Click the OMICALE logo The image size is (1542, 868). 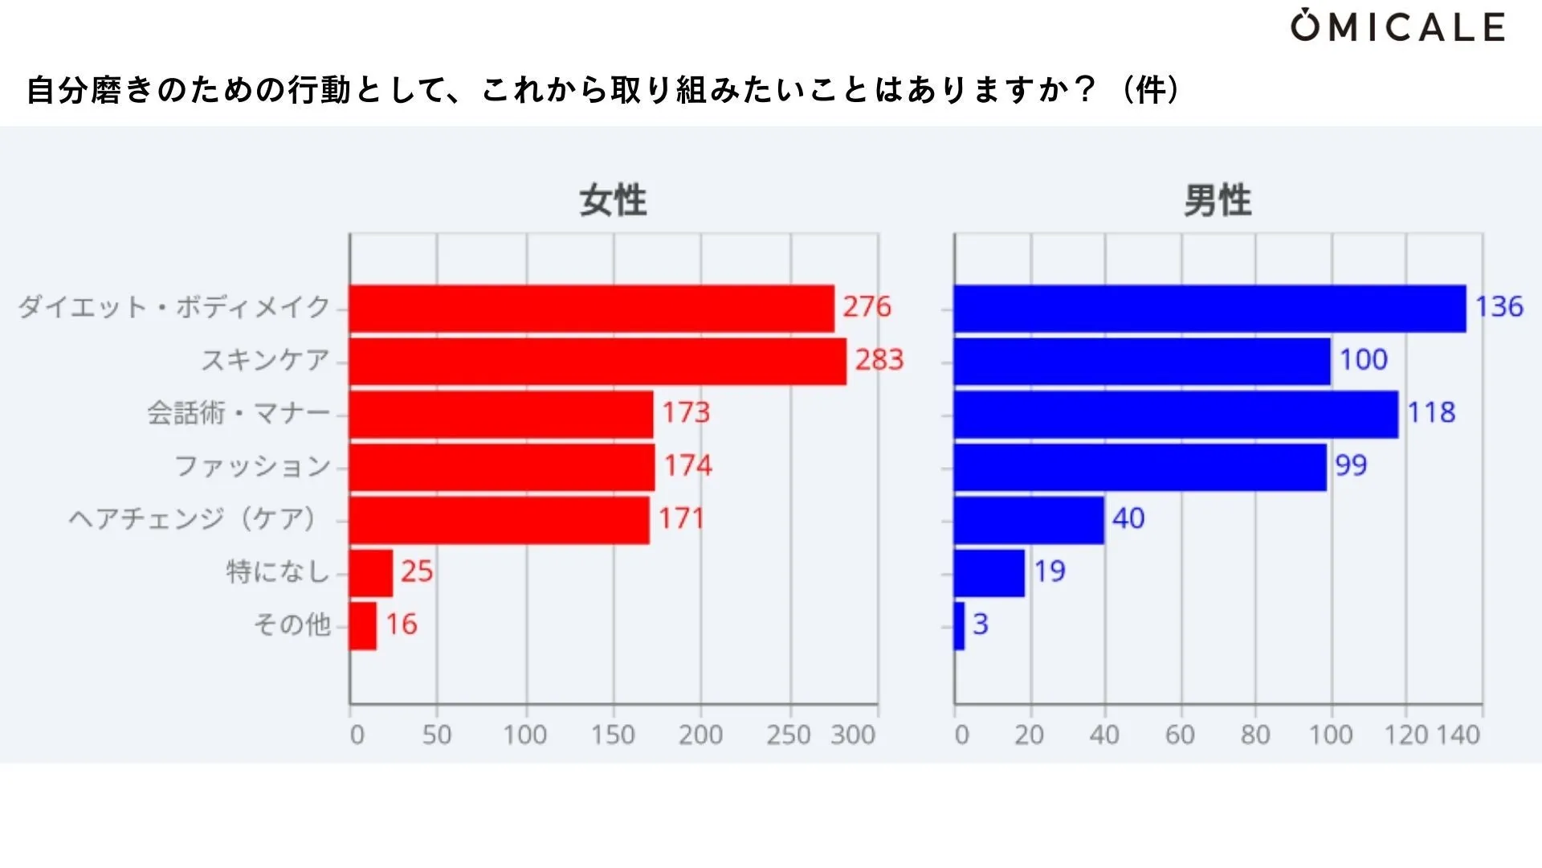tap(1397, 27)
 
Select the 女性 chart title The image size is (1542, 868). tap(613, 200)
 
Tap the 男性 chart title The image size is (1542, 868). tap(1218, 200)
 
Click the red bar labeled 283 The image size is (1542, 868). tap(598, 362)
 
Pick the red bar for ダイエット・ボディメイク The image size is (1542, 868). tap(591, 309)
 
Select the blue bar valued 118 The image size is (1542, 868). tap(1176, 415)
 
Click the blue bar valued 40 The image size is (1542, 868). tap(1029, 521)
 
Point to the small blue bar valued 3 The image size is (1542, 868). tap(959, 626)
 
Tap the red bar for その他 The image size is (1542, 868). tap(363, 626)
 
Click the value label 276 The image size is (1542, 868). tap(867, 307)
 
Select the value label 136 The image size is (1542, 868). tap(1499, 307)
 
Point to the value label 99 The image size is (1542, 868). tap(1351, 465)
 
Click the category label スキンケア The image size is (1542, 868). tap(265, 360)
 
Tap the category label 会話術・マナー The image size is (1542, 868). tap(239, 413)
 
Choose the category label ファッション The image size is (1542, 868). tap(252, 466)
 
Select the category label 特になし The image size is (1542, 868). tap(278, 572)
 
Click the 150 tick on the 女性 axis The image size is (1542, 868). tap(613, 735)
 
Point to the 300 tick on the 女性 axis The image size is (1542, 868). tap(853, 735)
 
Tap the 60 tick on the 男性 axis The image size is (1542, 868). tap(1180, 735)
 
